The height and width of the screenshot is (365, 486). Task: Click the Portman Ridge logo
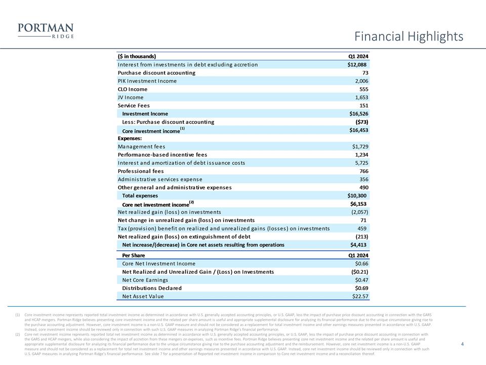click(x=46, y=31)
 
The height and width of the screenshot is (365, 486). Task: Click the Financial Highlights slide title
click(x=409, y=36)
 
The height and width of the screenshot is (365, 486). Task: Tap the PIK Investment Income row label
click(x=147, y=81)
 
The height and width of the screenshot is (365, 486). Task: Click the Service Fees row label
click(x=135, y=105)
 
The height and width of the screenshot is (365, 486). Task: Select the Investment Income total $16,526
click(x=355, y=114)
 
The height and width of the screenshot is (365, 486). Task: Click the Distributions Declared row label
click(x=152, y=288)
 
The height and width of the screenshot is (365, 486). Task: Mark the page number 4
click(x=463, y=344)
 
